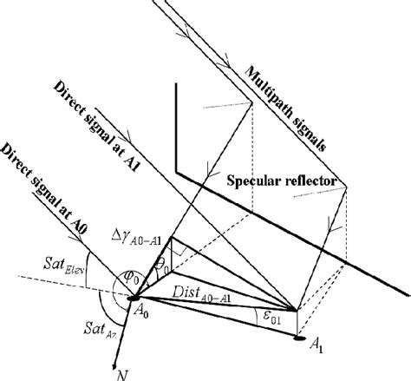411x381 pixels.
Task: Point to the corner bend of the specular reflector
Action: click(x=177, y=172)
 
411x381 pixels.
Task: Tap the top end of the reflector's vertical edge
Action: click(x=177, y=85)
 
